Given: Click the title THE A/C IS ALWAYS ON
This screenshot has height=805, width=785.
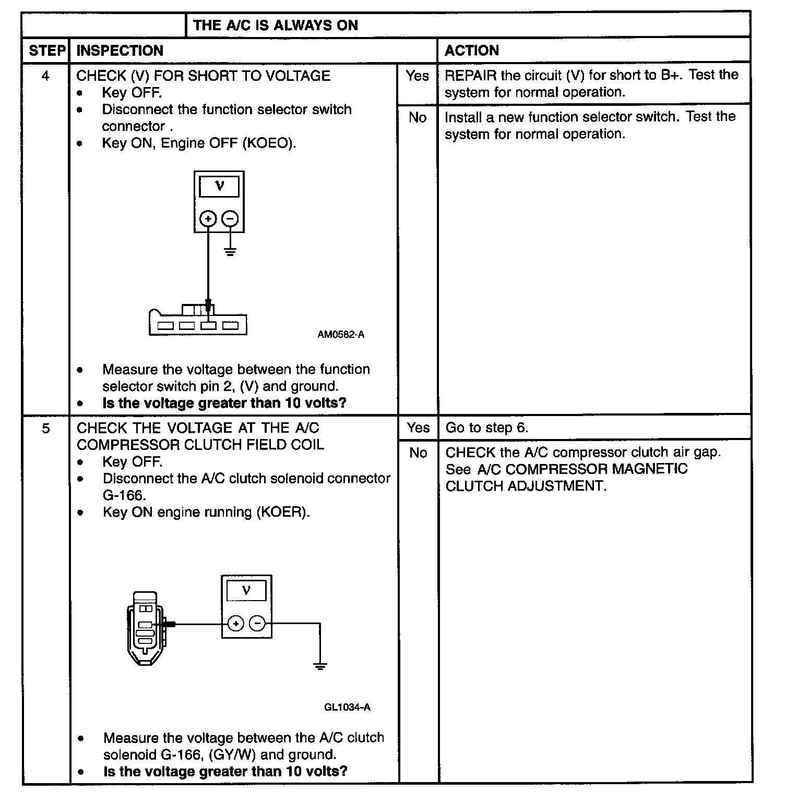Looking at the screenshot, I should [276, 25].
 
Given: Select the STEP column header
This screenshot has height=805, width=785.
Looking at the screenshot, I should [47, 51].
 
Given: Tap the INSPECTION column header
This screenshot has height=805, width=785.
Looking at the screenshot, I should [120, 51].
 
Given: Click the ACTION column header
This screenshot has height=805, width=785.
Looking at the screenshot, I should [471, 51].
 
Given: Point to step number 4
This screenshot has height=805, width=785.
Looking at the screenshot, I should [46, 76].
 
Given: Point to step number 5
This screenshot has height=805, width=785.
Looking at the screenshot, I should [46, 428].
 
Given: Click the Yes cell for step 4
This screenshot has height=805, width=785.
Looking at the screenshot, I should [417, 76].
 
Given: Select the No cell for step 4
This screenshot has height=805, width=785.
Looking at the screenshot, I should [417, 118].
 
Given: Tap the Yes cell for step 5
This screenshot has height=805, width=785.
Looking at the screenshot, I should [418, 428].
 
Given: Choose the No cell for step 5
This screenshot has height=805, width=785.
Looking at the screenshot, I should [418, 453].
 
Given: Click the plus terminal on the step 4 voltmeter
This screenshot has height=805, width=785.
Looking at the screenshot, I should [208, 218].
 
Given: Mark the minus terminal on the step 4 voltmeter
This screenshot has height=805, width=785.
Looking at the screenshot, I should [230, 218].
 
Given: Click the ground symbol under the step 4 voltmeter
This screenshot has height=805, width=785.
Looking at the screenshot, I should [230, 252].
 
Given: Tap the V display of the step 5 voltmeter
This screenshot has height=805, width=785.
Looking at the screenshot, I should [246, 591].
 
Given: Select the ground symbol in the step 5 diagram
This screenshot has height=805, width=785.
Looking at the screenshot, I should [320, 666].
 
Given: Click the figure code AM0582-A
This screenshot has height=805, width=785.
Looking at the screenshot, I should [341, 335].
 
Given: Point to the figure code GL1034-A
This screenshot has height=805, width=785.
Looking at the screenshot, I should [347, 707].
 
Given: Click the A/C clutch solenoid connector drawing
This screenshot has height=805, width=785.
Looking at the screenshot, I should [146, 628].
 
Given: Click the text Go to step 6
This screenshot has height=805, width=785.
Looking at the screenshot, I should [487, 428].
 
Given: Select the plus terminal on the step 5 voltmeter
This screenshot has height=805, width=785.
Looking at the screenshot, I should [236, 623].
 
